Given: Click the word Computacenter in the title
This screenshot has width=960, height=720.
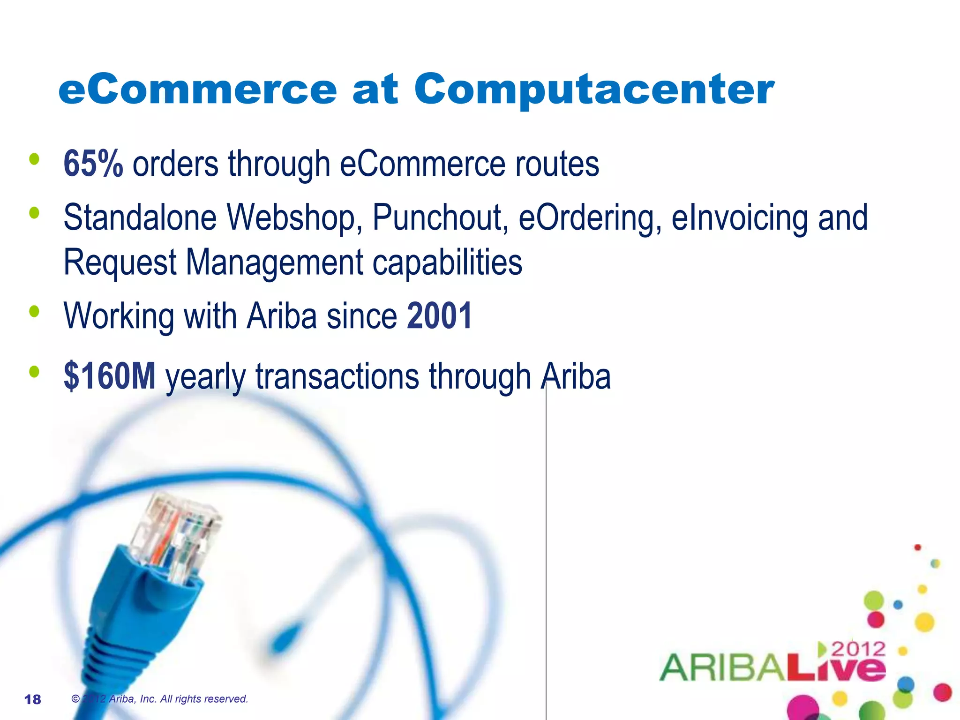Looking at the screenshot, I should tap(594, 90).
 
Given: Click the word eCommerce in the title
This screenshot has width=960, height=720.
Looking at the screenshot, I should tap(197, 90).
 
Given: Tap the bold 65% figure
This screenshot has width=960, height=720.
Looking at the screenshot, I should tap(93, 164).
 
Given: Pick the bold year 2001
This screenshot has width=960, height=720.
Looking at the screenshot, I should tap(439, 316).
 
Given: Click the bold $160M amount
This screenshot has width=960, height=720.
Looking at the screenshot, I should tap(109, 376).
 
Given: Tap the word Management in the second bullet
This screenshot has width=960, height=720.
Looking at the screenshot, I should tap(274, 262).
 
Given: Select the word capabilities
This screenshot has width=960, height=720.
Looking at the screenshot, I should tap(447, 262).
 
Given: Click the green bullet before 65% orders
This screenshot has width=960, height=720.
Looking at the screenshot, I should tap(34, 159).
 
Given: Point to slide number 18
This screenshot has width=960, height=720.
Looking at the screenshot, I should tap(32, 699).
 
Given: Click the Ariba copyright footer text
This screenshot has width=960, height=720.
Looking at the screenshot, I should tap(159, 699).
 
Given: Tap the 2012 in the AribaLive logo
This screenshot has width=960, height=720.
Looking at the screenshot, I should tap(858, 649).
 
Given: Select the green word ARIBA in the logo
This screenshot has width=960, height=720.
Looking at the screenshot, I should tap(722, 667).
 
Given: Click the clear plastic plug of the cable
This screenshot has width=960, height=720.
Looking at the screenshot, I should tap(178, 534).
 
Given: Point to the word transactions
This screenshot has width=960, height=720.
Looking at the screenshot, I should tap(337, 376).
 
